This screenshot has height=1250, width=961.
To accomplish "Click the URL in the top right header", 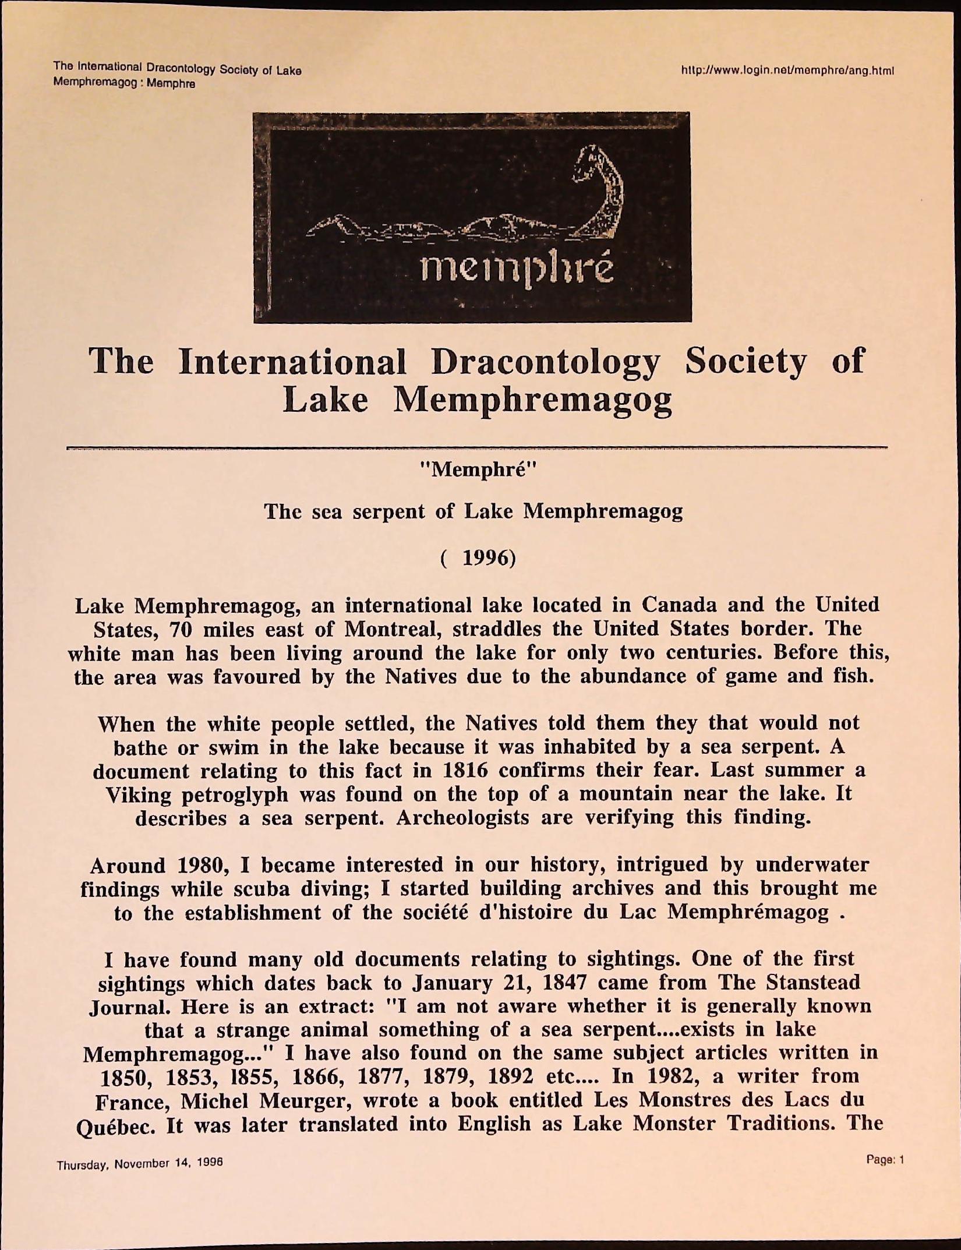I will [787, 71].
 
